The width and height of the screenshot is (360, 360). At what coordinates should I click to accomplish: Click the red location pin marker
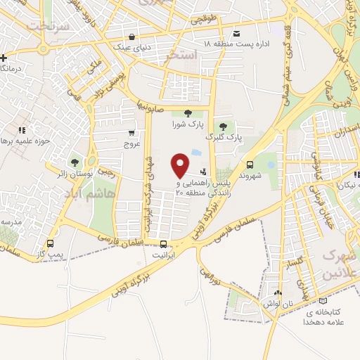(x=181, y=165)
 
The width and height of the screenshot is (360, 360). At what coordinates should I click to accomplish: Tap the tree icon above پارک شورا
(x=187, y=113)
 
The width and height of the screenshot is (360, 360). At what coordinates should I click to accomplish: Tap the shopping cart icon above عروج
(x=131, y=132)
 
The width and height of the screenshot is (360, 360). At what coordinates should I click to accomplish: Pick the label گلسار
(x=296, y=264)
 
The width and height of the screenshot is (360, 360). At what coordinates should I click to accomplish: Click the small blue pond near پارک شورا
(x=195, y=152)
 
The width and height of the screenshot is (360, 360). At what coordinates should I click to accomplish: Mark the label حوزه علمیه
(x=28, y=141)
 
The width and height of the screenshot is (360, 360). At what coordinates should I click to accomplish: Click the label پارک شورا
(x=187, y=125)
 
